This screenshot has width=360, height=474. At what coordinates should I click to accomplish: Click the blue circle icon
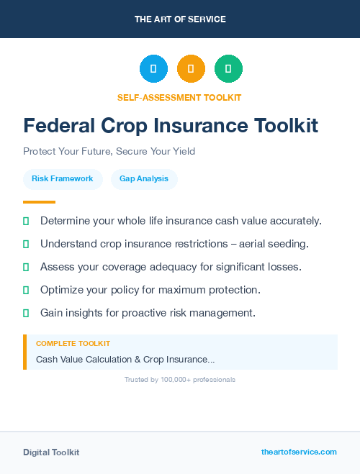(x=153, y=68)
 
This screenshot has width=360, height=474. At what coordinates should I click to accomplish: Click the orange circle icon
(x=191, y=68)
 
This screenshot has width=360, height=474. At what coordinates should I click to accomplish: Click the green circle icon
(x=228, y=68)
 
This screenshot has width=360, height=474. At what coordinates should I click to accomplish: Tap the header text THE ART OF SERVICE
(x=180, y=19)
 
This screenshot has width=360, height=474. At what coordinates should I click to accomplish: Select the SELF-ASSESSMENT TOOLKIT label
(x=180, y=97)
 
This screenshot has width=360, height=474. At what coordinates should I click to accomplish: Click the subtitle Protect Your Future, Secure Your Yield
(x=109, y=152)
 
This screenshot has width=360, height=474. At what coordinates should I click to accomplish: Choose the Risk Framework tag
(x=63, y=178)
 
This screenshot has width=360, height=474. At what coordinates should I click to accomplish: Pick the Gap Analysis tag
(x=144, y=178)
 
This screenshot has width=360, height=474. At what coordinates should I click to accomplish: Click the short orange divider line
(x=39, y=202)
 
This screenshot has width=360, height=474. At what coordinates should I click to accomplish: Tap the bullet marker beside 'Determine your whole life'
(x=26, y=221)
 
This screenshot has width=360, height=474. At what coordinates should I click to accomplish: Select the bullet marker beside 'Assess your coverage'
(x=26, y=267)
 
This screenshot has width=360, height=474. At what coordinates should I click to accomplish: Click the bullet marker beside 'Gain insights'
(x=26, y=313)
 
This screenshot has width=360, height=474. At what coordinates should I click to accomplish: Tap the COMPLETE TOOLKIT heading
(x=73, y=344)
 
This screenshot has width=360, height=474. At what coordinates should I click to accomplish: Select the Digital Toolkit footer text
(x=51, y=452)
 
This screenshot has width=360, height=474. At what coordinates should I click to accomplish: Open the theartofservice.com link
(x=299, y=452)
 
